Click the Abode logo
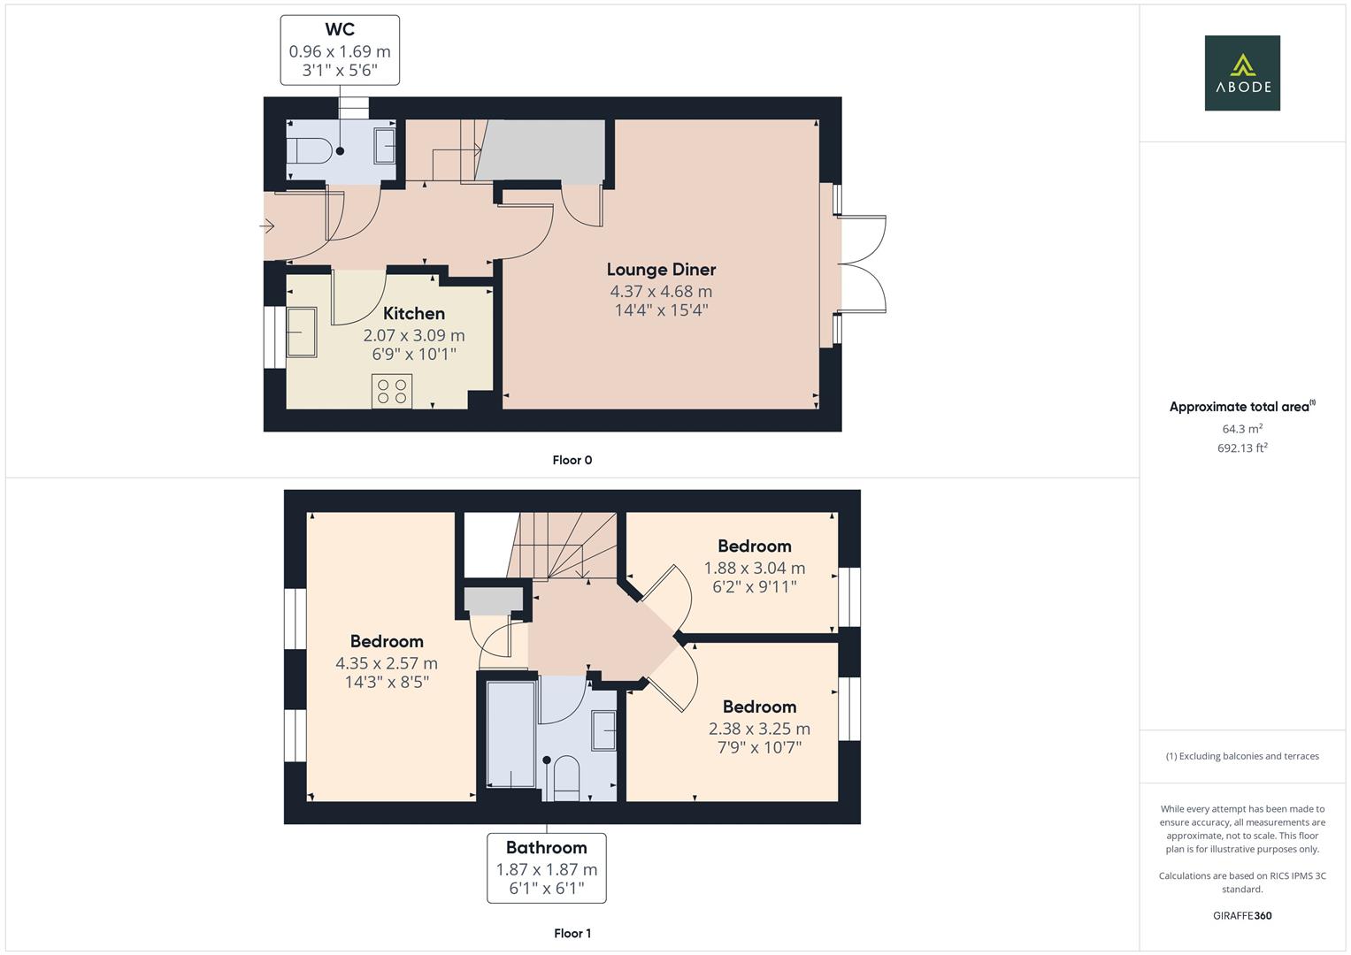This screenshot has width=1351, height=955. [x=1242, y=73]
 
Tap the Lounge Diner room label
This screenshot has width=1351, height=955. [x=661, y=269]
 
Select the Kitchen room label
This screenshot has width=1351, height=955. [x=413, y=313]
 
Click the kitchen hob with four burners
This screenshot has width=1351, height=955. [x=392, y=391]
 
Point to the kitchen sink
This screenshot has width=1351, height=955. [x=301, y=332]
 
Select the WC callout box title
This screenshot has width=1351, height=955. [x=340, y=30]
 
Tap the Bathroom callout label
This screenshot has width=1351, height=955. [x=546, y=847]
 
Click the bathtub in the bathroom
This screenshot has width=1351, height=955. [x=511, y=734]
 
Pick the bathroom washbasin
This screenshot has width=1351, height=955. [x=604, y=730]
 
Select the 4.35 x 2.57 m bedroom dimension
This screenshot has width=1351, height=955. [x=386, y=662]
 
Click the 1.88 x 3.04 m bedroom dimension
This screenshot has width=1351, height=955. [x=754, y=568]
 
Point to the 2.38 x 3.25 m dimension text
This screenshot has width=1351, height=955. [x=759, y=729]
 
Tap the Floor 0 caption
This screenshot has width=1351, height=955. [x=572, y=460]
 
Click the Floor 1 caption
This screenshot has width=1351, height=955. [x=572, y=933]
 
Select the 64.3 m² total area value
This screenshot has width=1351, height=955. [x=1242, y=429]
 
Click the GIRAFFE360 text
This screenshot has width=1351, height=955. [x=1242, y=915]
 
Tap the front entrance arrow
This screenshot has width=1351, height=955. [x=266, y=227]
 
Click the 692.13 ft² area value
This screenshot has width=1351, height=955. [x=1242, y=448]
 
